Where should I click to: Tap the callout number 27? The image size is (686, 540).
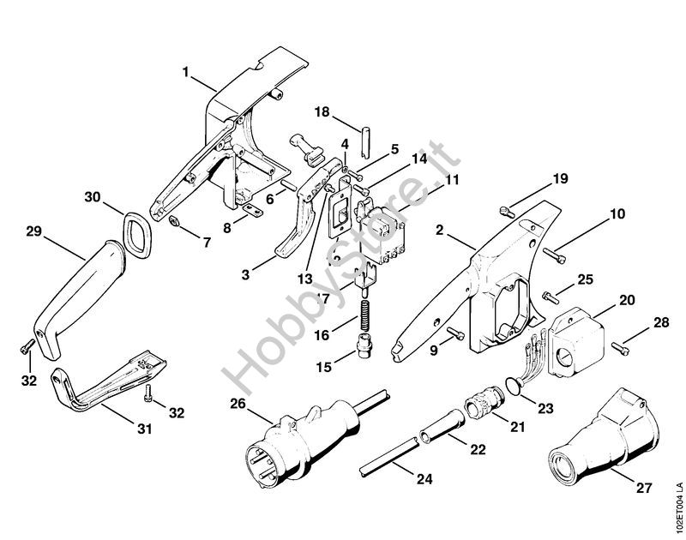click(x=644, y=487)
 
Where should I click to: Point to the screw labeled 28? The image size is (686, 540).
click(x=621, y=348)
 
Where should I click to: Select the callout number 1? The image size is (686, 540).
click(x=186, y=72)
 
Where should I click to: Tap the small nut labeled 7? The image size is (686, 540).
click(x=174, y=221)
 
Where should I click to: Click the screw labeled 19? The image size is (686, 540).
click(x=507, y=213)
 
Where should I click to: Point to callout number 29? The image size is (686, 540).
click(x=33, y=231)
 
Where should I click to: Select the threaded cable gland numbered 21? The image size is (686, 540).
click(x=484, y=401)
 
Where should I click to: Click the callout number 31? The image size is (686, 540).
click(x=145, y=429)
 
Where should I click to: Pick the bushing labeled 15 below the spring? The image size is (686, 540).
click(x=365, y=345)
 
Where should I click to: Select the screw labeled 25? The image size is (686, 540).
click(x=551, y=297)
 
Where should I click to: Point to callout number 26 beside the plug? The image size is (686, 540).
click(x=239, y=404)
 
